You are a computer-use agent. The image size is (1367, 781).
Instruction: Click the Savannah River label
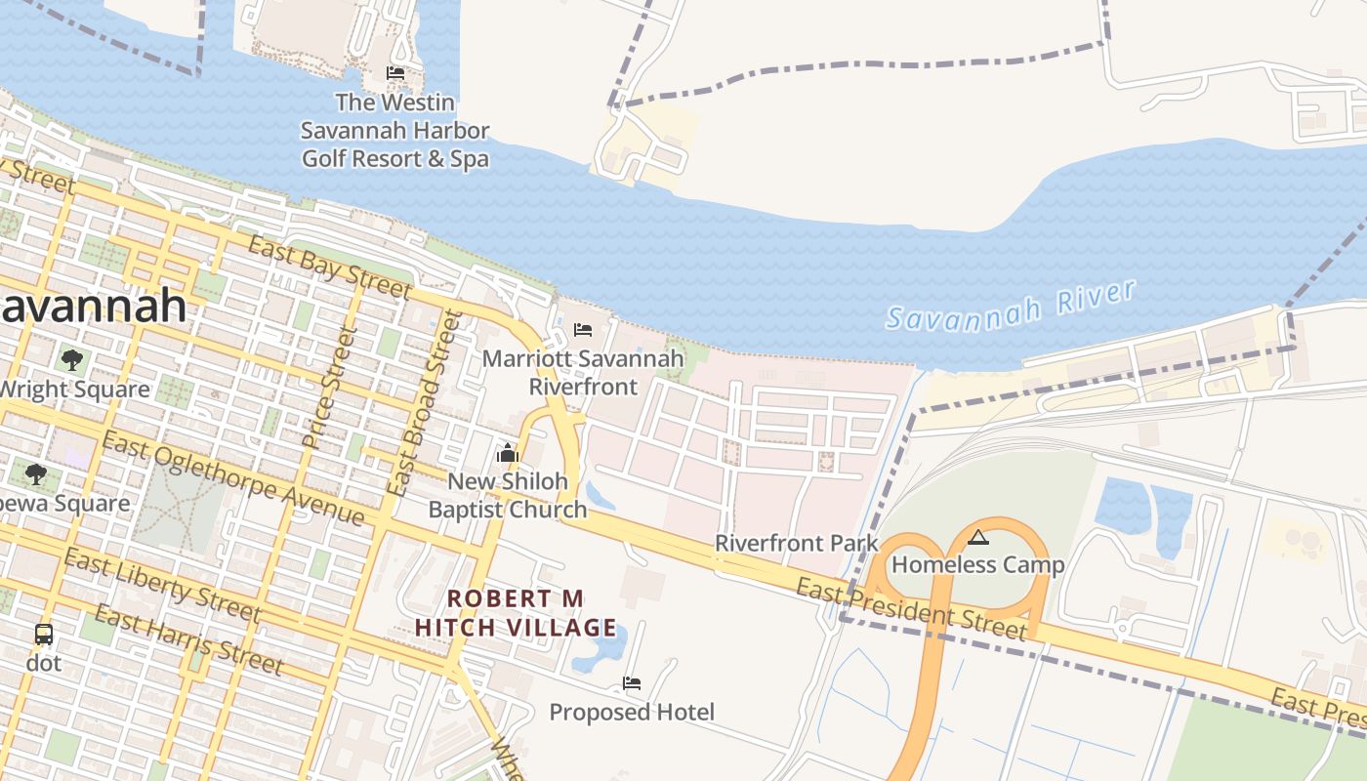pos(1012,306)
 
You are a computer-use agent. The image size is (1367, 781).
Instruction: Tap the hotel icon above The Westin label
pos(395,73)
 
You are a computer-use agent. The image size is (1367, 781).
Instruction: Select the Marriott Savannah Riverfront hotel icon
pos(583,330)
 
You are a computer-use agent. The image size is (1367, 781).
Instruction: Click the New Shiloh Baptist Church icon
pos(508,453)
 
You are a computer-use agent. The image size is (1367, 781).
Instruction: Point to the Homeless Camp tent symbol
pos(978,537)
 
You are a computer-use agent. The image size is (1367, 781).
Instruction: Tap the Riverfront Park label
pos(797,543)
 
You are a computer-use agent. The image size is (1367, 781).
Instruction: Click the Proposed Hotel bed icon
pos(632,683)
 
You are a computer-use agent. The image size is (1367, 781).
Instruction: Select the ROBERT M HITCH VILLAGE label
pos(516,613)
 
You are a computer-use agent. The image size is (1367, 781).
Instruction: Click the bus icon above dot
pos(44,635)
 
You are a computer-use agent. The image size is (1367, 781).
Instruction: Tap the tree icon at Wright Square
pos(71,359)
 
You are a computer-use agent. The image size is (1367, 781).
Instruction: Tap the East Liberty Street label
pos(162,585)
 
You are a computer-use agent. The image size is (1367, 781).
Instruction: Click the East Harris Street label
pos(188,640)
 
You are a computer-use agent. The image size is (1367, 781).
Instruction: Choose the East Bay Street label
pos(329,267)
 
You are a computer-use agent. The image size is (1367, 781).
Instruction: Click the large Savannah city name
pos(93,306)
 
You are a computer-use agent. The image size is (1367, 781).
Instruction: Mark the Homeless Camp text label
pos(977,564)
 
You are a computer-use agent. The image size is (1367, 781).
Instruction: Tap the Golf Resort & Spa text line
pos(394,157)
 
